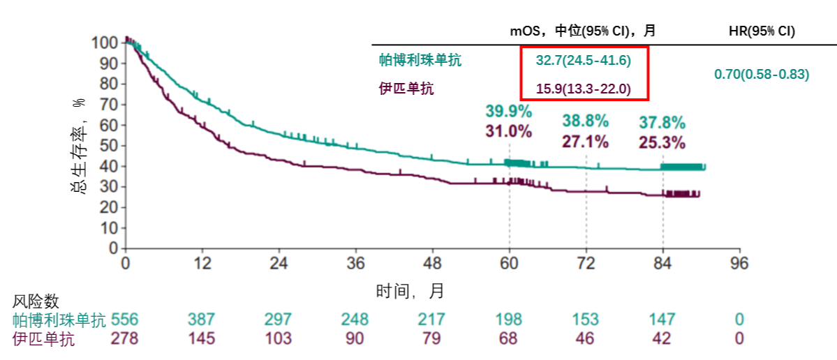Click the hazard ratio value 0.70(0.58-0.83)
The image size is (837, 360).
(x=762, y=75)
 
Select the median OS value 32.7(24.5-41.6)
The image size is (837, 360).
(x=584, y=61)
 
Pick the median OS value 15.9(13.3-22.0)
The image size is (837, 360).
(x=584, y=89)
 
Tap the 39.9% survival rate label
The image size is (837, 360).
(x=509, y=112)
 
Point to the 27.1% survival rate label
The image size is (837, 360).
(x=586, y=142)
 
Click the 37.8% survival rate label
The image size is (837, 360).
(x=662, y=123)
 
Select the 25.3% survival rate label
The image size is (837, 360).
(x=662, y=143)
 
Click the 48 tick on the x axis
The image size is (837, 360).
(x=433, y=264)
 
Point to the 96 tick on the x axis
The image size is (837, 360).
(x=739, y=264)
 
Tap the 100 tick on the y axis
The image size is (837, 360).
(x=104, y=43)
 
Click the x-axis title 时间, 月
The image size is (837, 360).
(x=410, y=291)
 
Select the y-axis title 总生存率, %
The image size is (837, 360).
(x=77, y=145)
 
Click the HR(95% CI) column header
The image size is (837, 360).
(x=762, y=31)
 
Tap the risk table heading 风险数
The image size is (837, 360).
(x=36, y=301)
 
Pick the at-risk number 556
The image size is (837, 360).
(x=126, y=320)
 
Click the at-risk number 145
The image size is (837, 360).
(x=202, y=339)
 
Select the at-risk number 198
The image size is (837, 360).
(x=509, y=320)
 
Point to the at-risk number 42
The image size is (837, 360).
(x=662, y=339)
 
